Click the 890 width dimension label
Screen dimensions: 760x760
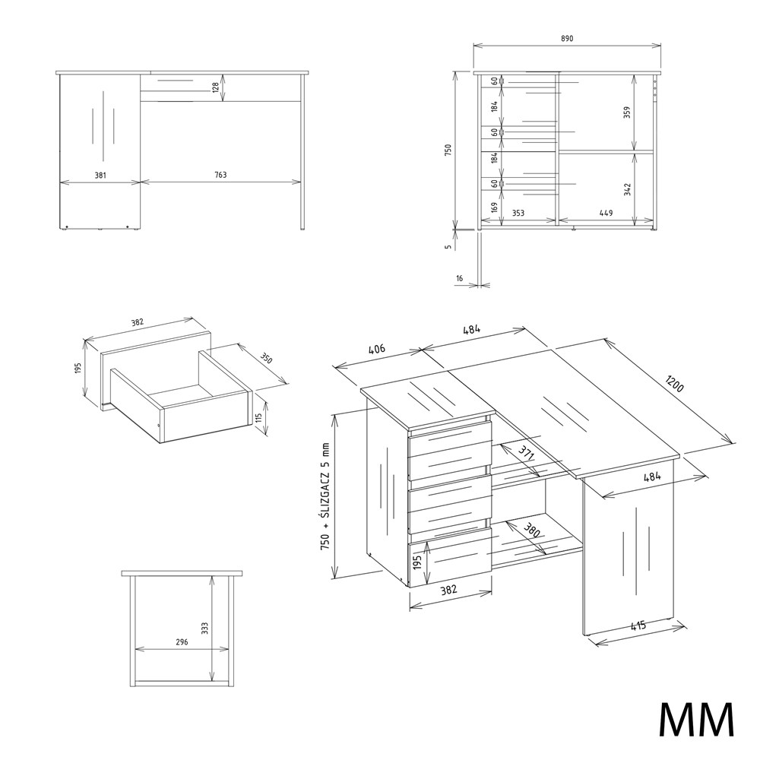[x=567, y=38]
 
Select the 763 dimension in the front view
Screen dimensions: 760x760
[x=220, y=175]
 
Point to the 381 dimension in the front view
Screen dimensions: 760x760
[x=100, y=175]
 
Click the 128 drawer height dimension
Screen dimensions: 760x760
[x=215, y=87]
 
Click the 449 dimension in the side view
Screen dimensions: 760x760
[x=606, y=213]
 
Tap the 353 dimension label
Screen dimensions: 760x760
[x=518, y=213]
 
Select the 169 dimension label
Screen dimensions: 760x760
[x=494, y=207]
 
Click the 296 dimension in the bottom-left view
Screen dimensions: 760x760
[x=182, y=641]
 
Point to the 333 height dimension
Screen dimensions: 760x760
[x=204, y=629]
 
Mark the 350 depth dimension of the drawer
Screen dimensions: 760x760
[x=266, y=359]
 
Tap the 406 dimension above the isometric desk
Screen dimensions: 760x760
[x=377, y=348]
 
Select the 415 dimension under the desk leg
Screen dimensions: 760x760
[x=638, y=625]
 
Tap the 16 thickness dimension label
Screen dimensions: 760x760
[x=460, y=278]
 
